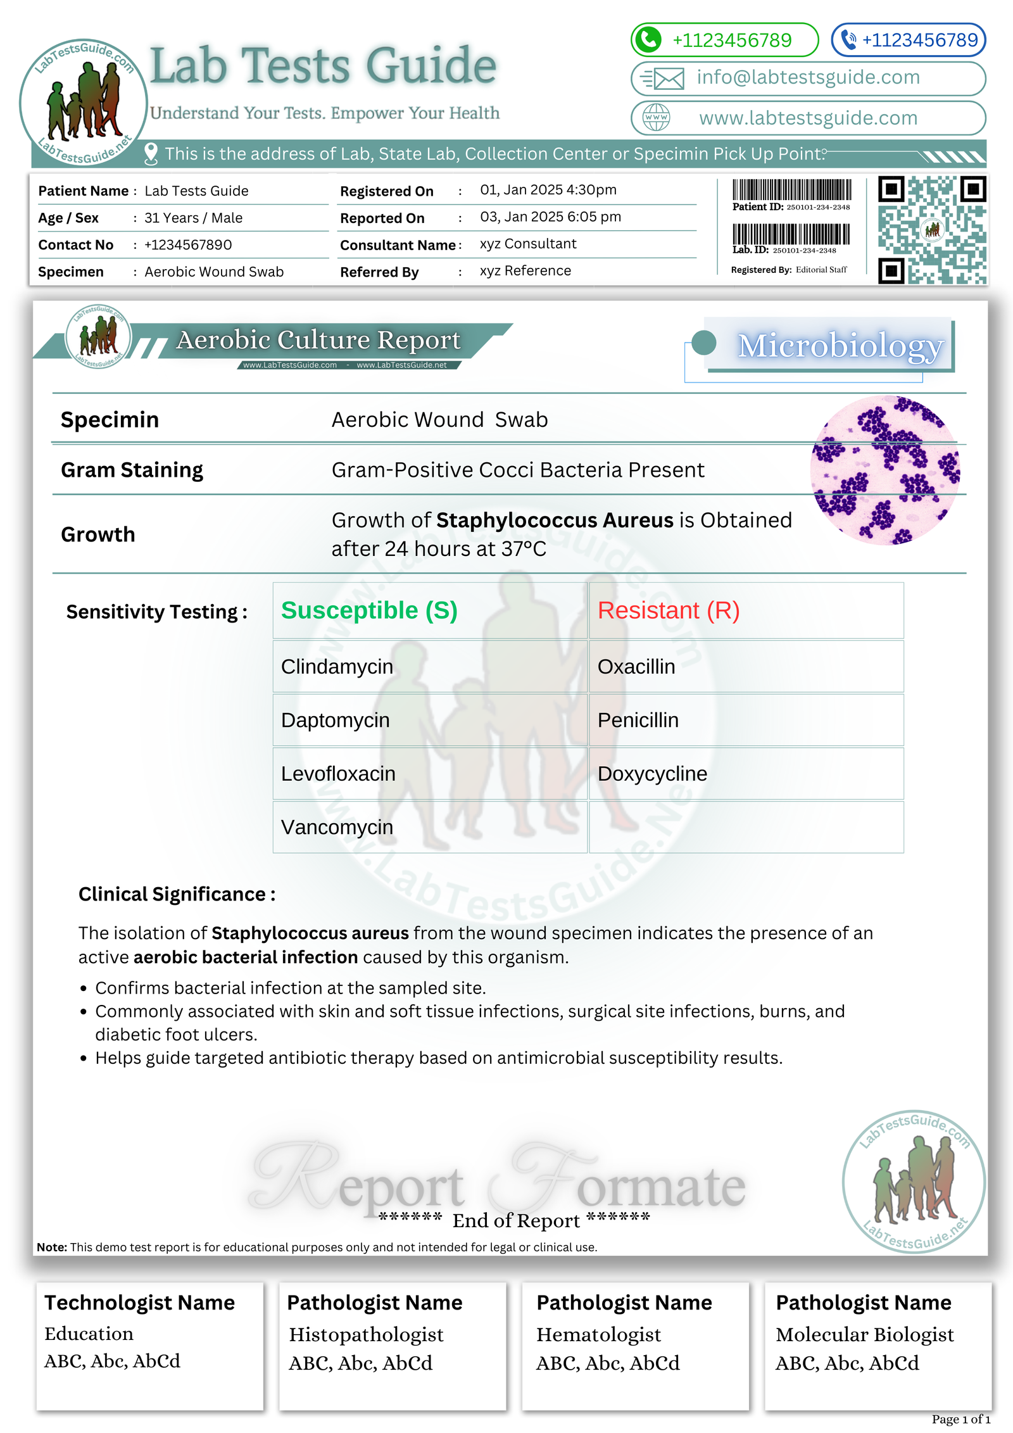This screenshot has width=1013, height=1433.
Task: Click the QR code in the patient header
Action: click(x=931, y=230)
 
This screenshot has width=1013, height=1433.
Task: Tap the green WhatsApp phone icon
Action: click(x=648, y=40)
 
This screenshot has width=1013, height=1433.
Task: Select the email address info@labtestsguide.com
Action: click(x=808, y=77)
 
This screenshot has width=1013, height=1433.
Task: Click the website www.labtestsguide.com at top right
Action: click(x=808, y=118)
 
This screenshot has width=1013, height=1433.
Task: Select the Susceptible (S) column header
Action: click(x=369, y=610)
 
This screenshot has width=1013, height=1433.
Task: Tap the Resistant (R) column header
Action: click(x=669, y=610)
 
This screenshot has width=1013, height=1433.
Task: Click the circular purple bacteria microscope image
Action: click(x=885, y=470)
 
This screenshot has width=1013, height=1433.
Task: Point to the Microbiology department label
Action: click(x=840, y=346)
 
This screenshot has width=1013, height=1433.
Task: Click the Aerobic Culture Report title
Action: click(x=318, y=340)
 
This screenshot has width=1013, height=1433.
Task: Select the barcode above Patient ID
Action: click(x=791, y=190)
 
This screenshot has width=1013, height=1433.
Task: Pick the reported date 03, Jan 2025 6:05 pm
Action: click(x=550, y=217)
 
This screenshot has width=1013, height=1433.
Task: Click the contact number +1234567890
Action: click(x=188, y=245)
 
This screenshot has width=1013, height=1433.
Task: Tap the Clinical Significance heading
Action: click(x=177, y=894)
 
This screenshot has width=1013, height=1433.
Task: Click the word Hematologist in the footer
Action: click(x=598, y=1334)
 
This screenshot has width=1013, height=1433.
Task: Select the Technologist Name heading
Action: click(x=139, y=1303)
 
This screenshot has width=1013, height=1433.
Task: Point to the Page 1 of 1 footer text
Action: click(x=960, y=1419)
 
